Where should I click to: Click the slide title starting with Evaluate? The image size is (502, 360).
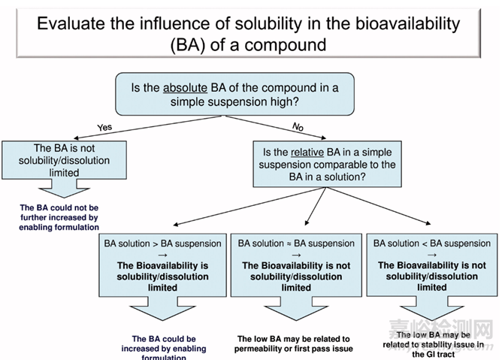tap(249, 33)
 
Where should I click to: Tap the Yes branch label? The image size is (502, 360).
tap(104, 127)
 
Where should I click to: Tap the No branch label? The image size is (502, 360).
tap(298, 126)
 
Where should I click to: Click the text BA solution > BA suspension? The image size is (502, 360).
tap(162, 244)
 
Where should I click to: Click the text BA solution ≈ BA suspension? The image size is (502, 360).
tap(296, 244)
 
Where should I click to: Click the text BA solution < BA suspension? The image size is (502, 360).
tap(431, 244)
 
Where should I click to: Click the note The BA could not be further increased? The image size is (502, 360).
tap(59, 217)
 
